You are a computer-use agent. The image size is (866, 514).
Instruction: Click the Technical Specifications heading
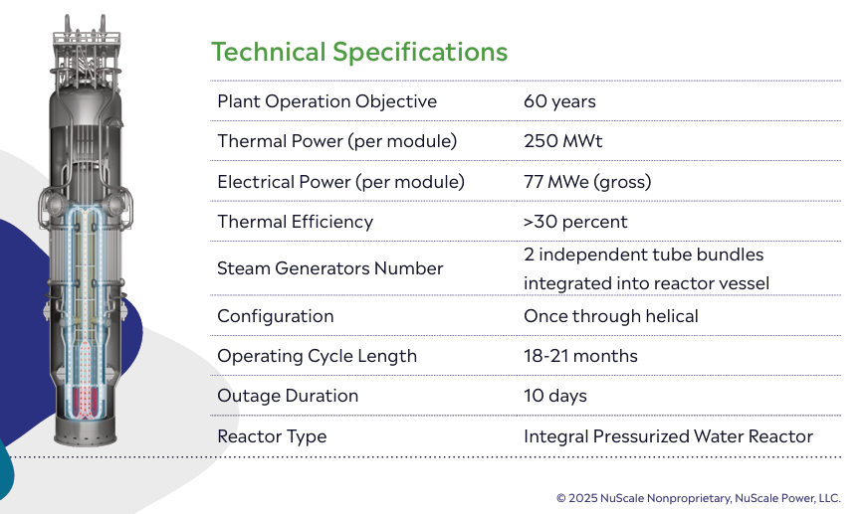(359, 53)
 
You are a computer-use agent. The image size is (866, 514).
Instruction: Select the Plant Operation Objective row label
(326, 101)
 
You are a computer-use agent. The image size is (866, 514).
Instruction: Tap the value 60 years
(559, 101)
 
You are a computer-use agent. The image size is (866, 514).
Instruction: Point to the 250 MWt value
(562, 141)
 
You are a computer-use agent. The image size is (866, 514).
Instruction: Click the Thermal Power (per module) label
(336, 141)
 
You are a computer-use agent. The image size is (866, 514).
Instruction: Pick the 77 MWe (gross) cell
(587, 182)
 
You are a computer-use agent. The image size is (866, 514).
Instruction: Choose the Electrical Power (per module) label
(340, 182)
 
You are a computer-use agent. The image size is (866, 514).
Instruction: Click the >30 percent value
(575, 222)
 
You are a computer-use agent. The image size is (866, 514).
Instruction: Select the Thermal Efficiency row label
(296, 222)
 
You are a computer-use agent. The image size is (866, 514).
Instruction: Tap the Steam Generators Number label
(330, 268)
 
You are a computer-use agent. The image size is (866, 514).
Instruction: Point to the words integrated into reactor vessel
(646, 283)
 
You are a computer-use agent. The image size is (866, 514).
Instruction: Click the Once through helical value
(611, 316)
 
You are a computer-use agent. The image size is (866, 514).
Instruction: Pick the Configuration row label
(276, 316)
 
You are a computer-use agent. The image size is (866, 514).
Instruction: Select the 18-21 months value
(580, 356)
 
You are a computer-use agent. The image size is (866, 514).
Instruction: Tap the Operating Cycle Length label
(317, 356)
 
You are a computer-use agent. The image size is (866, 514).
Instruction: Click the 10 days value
(555, 396)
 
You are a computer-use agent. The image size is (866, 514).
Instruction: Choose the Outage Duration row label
(288, 396)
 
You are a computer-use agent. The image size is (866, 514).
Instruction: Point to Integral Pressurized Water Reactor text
(668, 436)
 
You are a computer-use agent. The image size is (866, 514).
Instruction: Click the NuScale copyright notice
(698, 498)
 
